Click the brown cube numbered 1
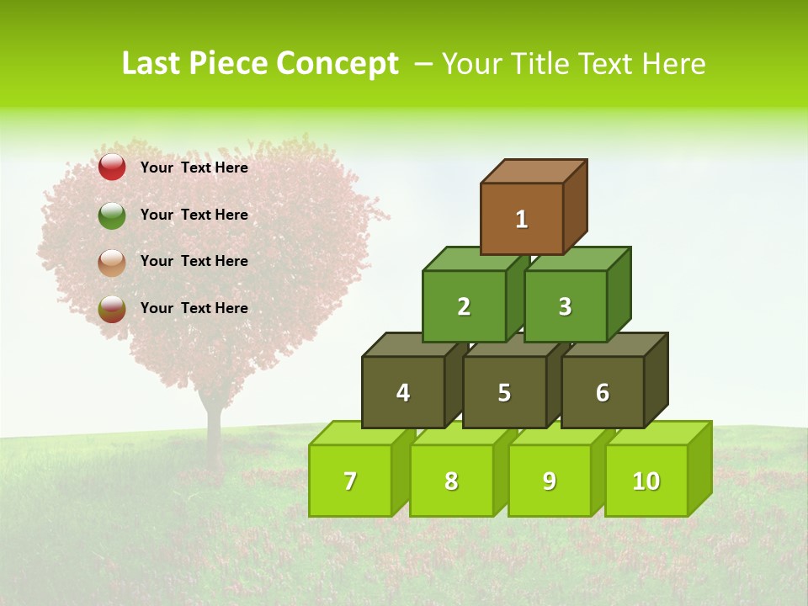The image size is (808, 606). [522, 219]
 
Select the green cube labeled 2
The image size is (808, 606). [464, 306]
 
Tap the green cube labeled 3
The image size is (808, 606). [565, 306]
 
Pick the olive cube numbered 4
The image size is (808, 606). [403, 392]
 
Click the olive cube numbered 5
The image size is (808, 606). [504, 392]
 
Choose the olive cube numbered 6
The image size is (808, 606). [603, 392]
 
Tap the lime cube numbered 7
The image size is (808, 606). [350, 481]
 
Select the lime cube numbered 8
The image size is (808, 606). [451, 481]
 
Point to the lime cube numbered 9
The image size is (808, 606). [550, 481]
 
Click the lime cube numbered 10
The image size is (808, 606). [646, 481]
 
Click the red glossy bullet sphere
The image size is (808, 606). [112, 167]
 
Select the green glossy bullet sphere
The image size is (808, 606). [112, 215]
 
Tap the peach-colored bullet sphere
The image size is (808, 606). [112, 263]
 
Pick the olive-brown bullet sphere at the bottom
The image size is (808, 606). [112, 309]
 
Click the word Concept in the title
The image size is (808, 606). [338, 64]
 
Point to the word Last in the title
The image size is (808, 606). [152, 64]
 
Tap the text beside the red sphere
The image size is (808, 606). [194, 167]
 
